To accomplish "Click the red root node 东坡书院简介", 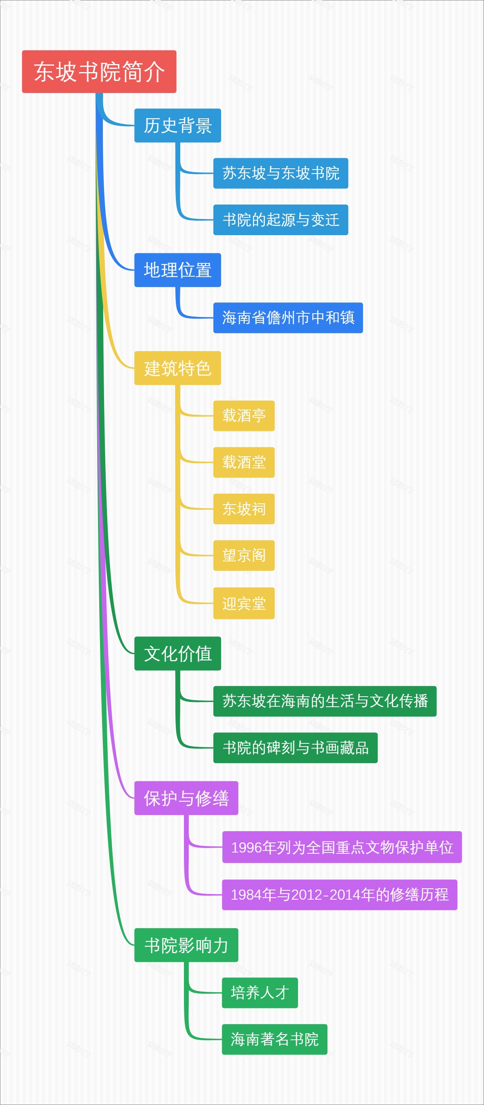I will (x=99, y=72).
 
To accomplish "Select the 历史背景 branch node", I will (x=177, y=125).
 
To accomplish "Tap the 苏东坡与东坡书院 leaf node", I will (x=280, y=173).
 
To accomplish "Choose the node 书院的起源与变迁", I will (x=280, y=219).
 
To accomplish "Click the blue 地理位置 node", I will (x=177, y=270).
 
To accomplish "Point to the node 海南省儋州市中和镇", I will (x=288, y=318).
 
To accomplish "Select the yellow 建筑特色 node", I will (x=177, y=368).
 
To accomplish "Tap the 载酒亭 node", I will (x=244, y=416).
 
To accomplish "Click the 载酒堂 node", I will (x=244, y=462).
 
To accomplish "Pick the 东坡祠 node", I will (x=244, y=509).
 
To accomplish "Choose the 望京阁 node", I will (x=244, y=555).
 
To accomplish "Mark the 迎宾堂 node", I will (x=244, y=603).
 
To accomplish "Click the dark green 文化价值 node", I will (x=177, y=653).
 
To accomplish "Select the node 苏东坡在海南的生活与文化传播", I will (x=325, y=701).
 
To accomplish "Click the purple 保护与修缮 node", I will (x=186, y=798).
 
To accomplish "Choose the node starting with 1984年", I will (x=339, y=895).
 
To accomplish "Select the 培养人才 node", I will (x=259, y=993).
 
